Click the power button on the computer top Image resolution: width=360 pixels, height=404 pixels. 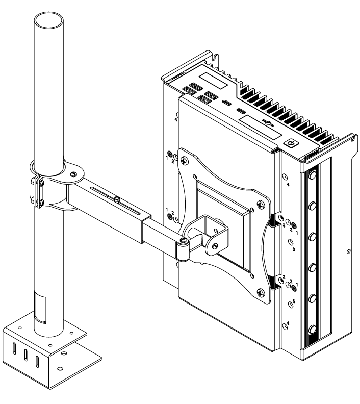click(291, 144)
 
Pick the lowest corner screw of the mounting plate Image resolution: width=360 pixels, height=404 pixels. click(262, 293)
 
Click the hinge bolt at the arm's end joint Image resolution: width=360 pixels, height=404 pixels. click(182, 239)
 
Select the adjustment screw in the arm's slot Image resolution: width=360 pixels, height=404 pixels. click(116, 199)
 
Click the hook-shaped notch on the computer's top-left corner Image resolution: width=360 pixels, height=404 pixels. click(216, 60)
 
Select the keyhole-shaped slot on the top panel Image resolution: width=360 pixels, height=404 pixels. click(266, 123)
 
